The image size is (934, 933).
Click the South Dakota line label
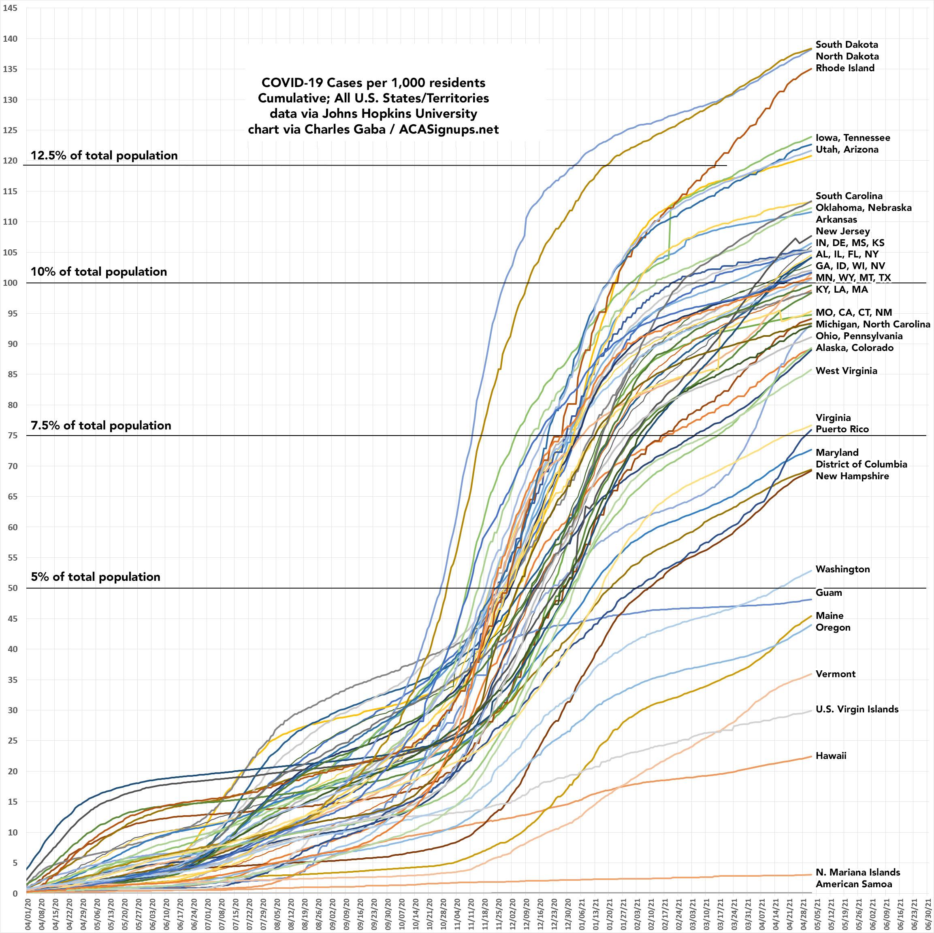pos(847,45)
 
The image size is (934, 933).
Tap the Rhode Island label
pos(844,68)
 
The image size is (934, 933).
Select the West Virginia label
pos(846,371)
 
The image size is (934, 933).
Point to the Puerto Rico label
pos(842,429)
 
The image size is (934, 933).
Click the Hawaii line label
pos(831,756)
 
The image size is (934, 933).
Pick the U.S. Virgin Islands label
pos(857,709)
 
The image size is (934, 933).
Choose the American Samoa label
pos(854,884)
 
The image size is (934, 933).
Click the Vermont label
pos(836,674)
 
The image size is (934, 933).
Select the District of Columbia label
pos(861,464)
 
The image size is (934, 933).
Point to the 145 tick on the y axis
pos(10,8)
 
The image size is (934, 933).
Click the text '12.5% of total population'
pos(104,155)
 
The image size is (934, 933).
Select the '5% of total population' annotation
pos(95,577)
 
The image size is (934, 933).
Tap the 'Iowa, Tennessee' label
pos(853,138)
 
